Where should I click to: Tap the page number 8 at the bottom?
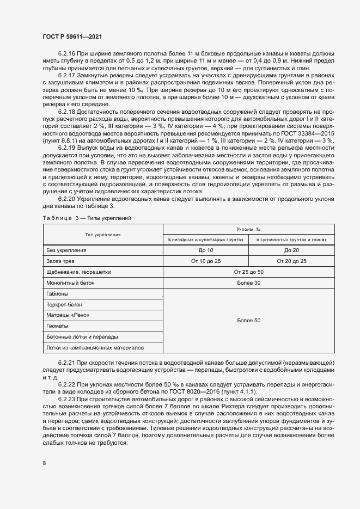(x=44, y=463)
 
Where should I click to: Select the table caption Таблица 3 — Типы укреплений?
(x=87, y=218)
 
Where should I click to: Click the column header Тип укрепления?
(x=102, y=235)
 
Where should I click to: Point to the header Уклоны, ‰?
(x=248, y=230)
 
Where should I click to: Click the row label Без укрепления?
(x=66, y=250)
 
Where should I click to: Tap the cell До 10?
(x=206, y=250)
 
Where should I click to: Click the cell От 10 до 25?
(x=206, y=261)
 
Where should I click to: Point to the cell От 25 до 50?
(x=249, y=272)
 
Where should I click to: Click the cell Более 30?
(x=249, y=283)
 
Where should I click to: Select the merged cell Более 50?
(x=249, y=321)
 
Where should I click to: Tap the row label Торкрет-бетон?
(x=65, y=304)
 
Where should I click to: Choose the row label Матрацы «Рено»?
(x=68, y=315)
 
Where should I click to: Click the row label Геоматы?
(x=58, y=326)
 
